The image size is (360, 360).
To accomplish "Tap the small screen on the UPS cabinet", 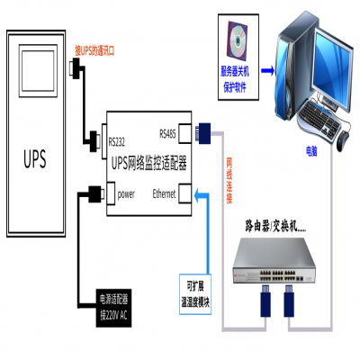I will click(38, 72).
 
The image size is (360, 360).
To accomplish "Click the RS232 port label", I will click(117, 139).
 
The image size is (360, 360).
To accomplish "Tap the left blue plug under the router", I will click(265, 301).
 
